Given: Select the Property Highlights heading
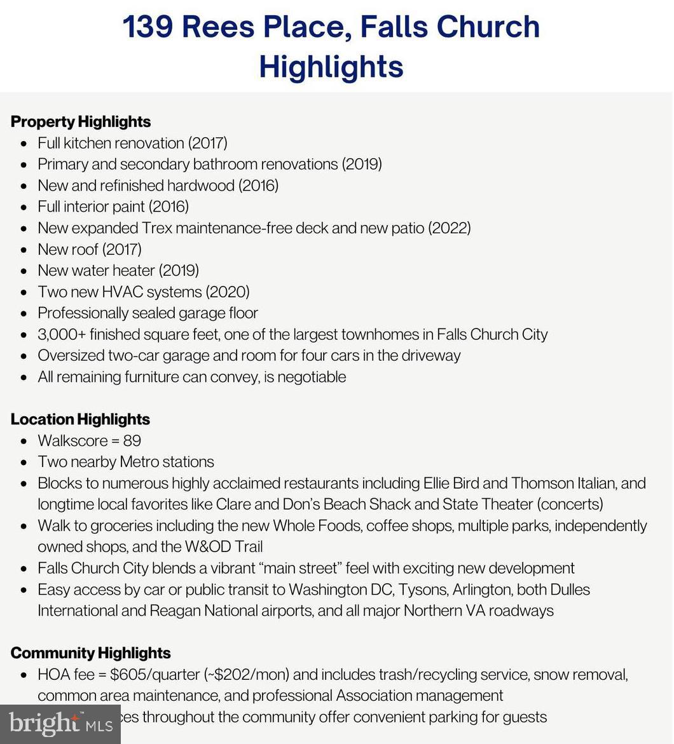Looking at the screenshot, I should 81,121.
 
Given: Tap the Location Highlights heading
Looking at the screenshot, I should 80,419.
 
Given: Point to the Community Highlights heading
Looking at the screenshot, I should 90,653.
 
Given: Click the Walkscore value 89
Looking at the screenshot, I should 132,441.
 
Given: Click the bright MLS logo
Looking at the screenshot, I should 60,724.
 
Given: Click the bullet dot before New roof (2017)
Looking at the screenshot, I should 24,250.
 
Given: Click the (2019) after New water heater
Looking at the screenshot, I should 179,271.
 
